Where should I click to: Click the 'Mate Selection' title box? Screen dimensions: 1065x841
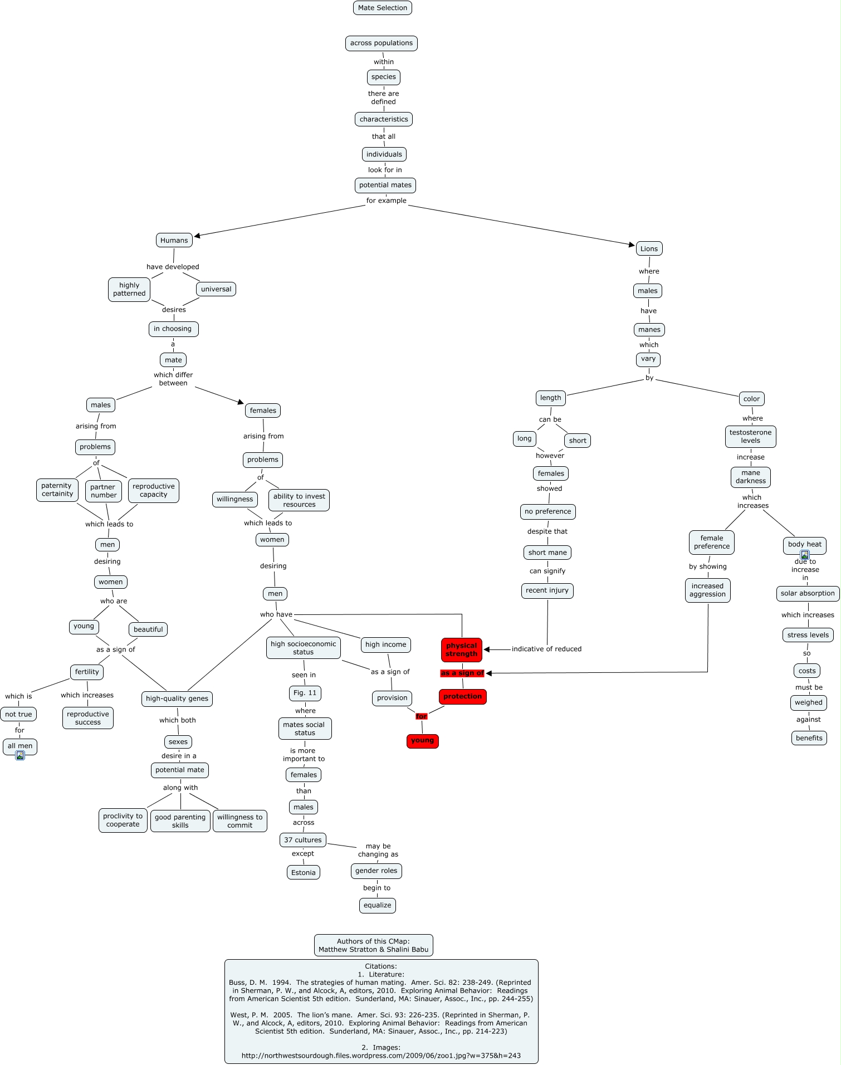coord(383,8)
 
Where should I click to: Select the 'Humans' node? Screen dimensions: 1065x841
coord(174,241)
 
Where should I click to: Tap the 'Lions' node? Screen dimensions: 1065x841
coord(649,249)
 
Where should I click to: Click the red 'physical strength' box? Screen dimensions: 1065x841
coord(461,650)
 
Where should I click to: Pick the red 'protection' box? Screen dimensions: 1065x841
coord(462,696)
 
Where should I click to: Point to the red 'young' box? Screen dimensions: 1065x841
coord(422,741)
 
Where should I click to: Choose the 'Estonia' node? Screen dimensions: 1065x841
coord(303,873)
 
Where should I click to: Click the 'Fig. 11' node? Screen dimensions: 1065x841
coord(305,693)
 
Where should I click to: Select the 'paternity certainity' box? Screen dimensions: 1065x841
coord(57,490)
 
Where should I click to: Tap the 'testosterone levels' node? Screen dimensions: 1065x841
coord(750,437)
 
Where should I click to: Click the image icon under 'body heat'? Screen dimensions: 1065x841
coord(804,555)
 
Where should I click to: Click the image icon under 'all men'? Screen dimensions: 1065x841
coord(20,755)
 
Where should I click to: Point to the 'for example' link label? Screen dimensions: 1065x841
coord(386,201)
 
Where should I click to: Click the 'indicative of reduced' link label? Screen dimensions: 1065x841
coord(546,649)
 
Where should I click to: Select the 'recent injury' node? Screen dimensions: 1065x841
coord(547,590)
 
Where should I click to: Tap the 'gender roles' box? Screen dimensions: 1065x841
coord(376,871)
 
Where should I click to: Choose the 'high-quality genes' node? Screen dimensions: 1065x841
coord(177,698)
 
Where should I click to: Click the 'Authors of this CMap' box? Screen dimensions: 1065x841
coord(373,945)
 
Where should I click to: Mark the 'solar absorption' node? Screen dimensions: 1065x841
coord(807,593)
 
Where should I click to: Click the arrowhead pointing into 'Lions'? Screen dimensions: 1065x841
coord(632,245)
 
